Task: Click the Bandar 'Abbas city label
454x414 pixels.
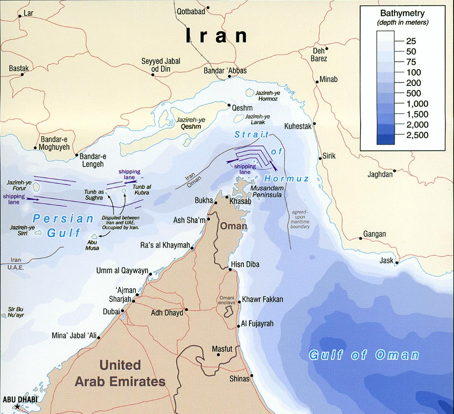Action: tap(225, 71)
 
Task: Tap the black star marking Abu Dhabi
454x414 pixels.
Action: tap(18, 407)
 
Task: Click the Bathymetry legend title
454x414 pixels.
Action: tap(402, 13)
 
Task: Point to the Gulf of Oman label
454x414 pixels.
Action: tap(364, 356)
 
